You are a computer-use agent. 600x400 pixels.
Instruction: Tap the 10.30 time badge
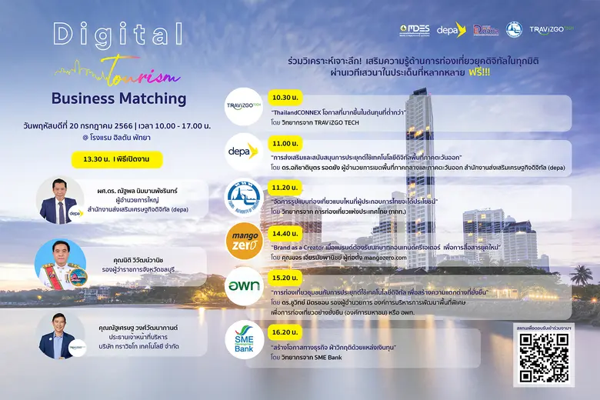point(285,98)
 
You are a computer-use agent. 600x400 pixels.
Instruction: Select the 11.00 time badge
point(285,144)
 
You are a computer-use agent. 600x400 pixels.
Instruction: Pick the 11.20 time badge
point(285,187)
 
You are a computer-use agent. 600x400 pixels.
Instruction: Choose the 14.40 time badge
point(285,232)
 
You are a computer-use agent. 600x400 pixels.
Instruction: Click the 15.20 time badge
point(285,278)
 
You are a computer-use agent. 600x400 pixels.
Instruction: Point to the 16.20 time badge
point(285,326)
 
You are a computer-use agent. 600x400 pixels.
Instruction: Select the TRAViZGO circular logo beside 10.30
point(244,105)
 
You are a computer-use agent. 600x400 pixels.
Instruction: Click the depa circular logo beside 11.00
point(244,152)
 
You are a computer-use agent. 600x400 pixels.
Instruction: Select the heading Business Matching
point(118,98)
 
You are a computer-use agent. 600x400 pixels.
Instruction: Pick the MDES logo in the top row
point(416,30)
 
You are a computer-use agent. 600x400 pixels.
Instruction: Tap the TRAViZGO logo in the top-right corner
point(552,30)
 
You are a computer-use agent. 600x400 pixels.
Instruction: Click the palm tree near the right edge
point(581,273)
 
